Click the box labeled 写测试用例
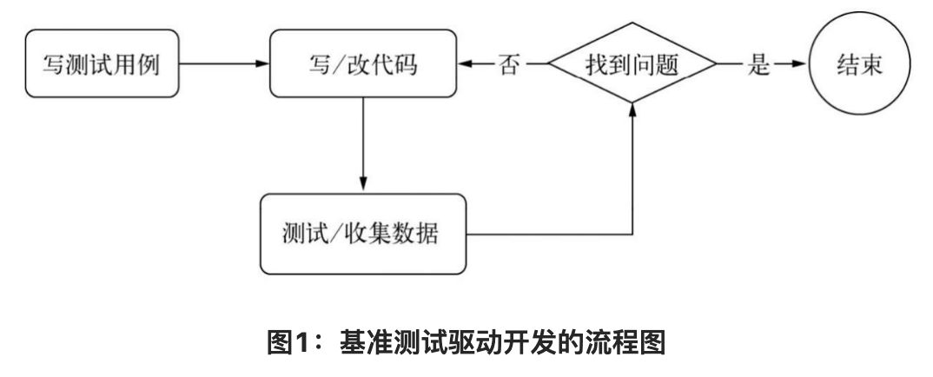pyautogui.click(x=103, y=65)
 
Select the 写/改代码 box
pyautogui.click(x=362, y=65)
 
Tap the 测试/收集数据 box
pyautogui.click(x=362, y=235)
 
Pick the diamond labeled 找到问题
pyautogui.click(x=632, y=65)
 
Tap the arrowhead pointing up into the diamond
pyautogui.click(x=632, y=106)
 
